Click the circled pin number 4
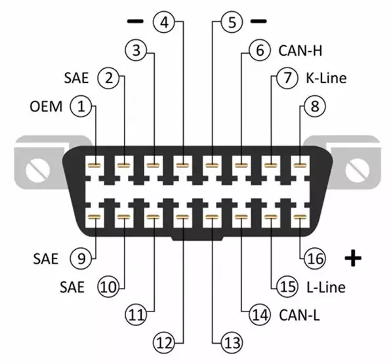click(x=164, y=22)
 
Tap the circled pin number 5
click(x=232, y=22)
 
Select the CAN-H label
click(x=300, y=51)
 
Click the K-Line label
click(x=326, y=78)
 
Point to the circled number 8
click(x=315, y=106)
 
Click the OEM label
click(x=46, y=107)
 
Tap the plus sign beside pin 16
click(x=353, y=258)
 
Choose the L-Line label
click(x=325, y=287)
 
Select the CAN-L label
click(x=299, y=315)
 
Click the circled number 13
click(x=232, y=343)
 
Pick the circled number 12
click(x=164, y=343)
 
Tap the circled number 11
click(x=136, y=315)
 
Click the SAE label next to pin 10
click(x=72, y=287)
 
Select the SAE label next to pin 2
click(x=76, y=78)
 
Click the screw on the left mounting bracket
click(x=37, y=171)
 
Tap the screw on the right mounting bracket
click(x=357, y=171)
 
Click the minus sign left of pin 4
click(x=135, y=22)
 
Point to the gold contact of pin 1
click(x=94, y=165)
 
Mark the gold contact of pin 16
click(x=300, y=217)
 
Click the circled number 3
click(x=136, y=51)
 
